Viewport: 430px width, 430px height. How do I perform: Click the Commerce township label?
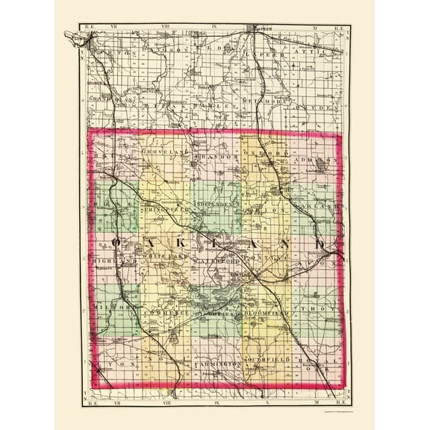click(x=162, y=312)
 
